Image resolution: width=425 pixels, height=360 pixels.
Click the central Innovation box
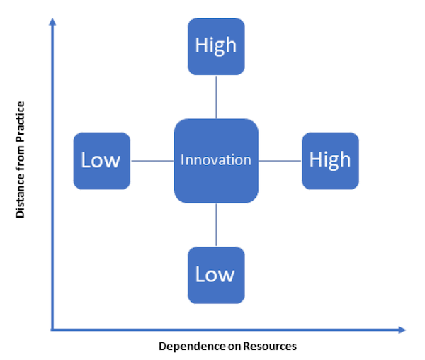click(x=216, y=161)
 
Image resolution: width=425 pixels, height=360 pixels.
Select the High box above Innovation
click(x=216, y=47)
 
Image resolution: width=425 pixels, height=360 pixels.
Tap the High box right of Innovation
click(x=330, y=161)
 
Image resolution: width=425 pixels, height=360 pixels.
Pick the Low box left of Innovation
click(x=102, y=161)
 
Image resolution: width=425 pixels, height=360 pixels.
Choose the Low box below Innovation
click(x=216, y=275)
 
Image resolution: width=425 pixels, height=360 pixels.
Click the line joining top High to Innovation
click(x=216, y=97)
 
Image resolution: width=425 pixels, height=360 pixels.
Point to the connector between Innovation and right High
click(x=280, y=161)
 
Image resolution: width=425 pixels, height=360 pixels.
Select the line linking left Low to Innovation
click(x=152, y=161)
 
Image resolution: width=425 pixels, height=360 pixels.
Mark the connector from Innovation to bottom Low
click(x=216, y=225)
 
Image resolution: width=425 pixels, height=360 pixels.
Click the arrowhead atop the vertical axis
click(x=52, y=22)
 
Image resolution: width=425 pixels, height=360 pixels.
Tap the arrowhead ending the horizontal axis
click(x=402, y=330)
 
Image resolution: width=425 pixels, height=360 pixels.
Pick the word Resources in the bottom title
click(x=270, y=347)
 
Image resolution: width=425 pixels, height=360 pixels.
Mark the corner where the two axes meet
click(x=52, y=330)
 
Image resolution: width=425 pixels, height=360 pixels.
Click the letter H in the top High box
click(x=201, y=45)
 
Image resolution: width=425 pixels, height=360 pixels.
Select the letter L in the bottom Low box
click(x=200, y=274)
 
